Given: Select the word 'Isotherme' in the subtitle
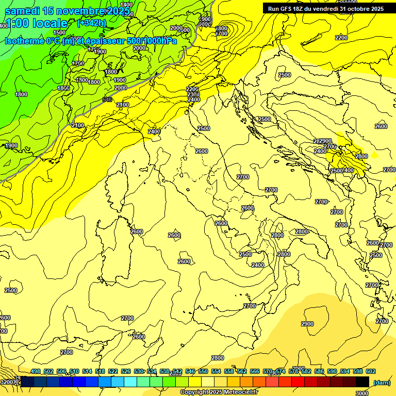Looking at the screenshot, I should coord(25,41).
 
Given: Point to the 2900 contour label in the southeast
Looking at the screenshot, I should coord(307,324).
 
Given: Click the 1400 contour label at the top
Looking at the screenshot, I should coord(126,5).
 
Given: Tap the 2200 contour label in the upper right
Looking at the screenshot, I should coord(341,38).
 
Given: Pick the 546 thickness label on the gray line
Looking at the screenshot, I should coord(107,100).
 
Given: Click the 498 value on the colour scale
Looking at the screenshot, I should coord(36,372).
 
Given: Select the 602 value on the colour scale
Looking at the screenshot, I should coord(370,372).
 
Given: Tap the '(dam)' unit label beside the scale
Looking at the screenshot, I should coord(382,382).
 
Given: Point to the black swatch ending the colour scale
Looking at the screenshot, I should coord(362,382).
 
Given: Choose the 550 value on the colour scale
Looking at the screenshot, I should coord(203,372).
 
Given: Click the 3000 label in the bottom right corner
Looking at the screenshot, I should coord(362,393).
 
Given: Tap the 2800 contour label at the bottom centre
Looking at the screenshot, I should coord(218,358).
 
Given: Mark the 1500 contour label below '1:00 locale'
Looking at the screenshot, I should coord(59,32).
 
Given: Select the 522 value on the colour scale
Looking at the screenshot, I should coord(113,372).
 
